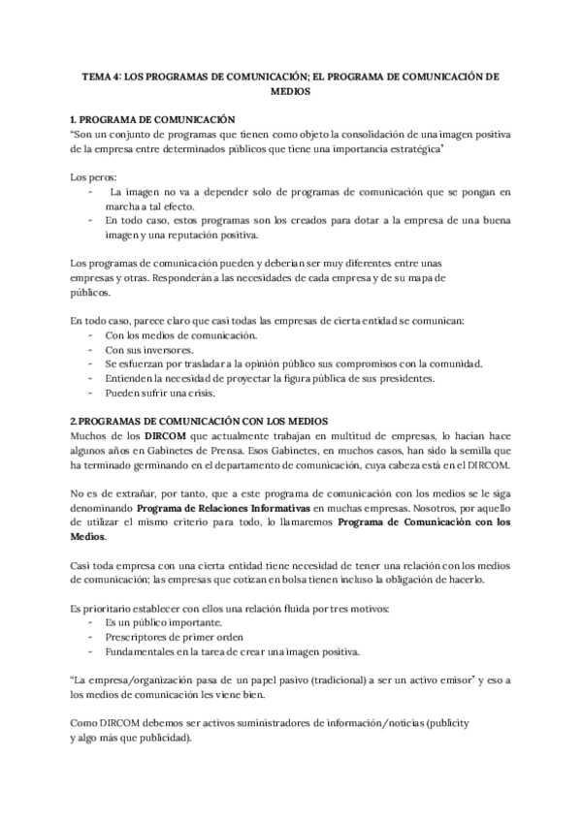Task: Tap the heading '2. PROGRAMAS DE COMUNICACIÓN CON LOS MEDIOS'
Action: pos(199,421)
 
